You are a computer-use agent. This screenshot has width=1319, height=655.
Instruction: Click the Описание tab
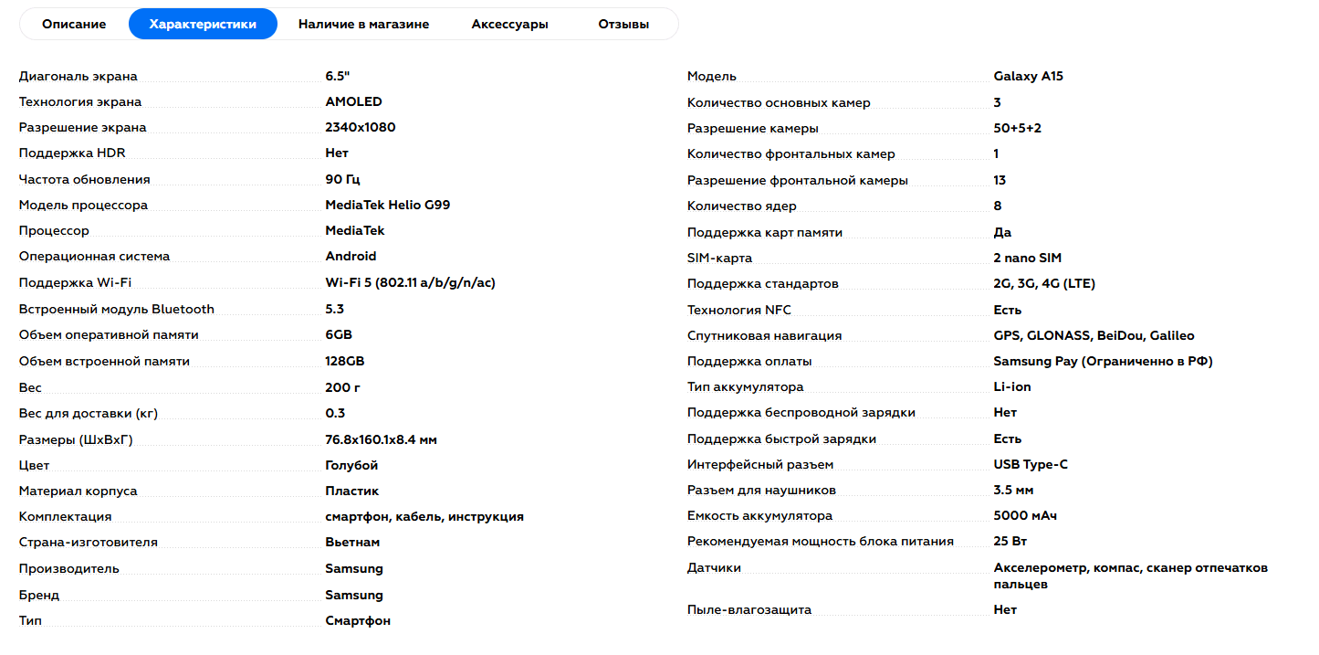point(74,24)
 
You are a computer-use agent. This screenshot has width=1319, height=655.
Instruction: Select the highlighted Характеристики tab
point(203,24)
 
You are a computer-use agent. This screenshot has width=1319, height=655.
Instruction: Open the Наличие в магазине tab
point(363,24)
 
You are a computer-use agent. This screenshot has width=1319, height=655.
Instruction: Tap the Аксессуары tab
point(509,24)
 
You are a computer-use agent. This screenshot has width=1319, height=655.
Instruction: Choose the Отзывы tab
point(623,24)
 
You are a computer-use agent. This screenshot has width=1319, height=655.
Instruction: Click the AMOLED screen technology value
point(353,101)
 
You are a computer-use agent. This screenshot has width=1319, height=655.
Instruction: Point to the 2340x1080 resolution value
point(360,127)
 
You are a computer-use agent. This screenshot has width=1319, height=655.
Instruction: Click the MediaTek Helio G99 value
point(387,205)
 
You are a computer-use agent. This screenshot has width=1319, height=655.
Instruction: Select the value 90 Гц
point(342,179)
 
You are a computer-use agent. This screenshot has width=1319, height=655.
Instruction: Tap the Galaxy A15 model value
point(1028,76)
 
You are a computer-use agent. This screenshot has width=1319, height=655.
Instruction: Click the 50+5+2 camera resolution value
point(1017,128)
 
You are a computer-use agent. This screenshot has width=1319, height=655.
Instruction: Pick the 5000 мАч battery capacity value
point(1025,515)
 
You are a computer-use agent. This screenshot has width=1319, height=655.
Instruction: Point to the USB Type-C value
point(1031,464)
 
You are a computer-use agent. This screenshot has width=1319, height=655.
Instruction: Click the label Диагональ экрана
point(79,76)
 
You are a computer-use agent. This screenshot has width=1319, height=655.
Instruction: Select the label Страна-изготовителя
point(89,542)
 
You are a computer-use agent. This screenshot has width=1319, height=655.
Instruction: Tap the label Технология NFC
point(738,310)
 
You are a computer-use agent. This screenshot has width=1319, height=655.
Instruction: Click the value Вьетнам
point(352,542)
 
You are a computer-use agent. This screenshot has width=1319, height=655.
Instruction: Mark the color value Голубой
point(351,465)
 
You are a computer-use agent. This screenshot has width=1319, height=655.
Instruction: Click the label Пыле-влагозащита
point(748,609)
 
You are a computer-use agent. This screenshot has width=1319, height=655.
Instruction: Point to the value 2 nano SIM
point(1027,258)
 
